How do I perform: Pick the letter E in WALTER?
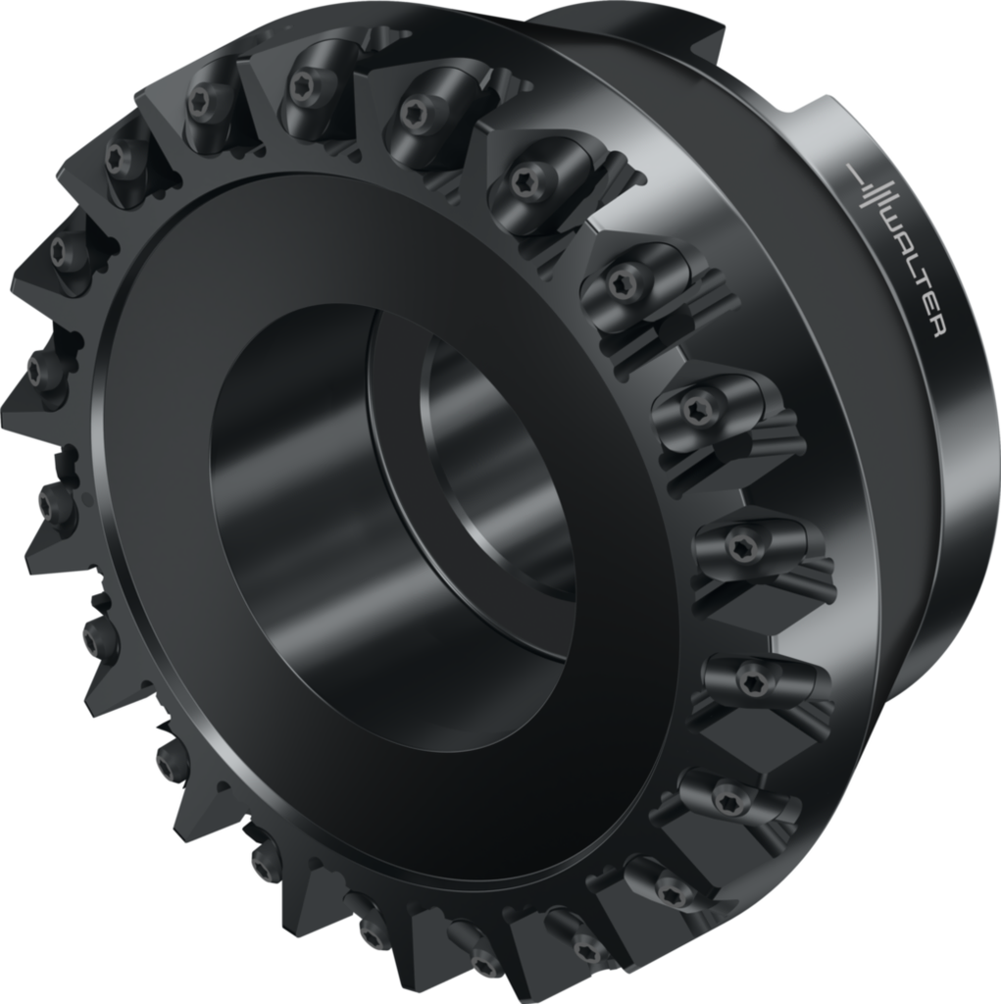tap(930, 309)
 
